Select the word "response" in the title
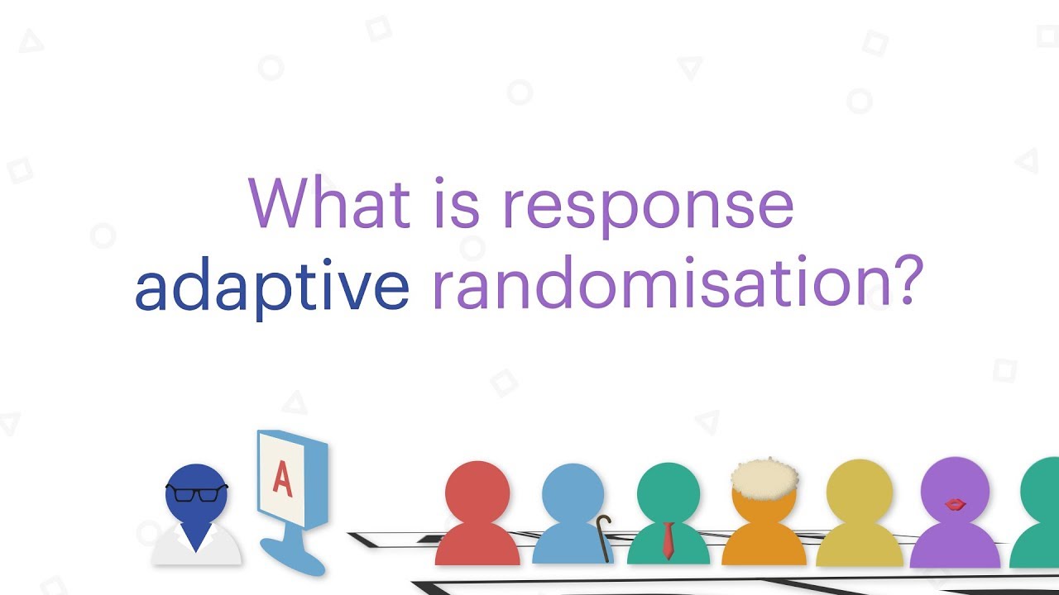click(648, 207)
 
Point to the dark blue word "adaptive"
click(272, 285)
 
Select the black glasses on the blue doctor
click(196, 493)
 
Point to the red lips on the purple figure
click(955, 503)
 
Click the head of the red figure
click(477, 493)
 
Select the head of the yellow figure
click(859, 493)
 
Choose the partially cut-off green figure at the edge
click(1039, 512)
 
